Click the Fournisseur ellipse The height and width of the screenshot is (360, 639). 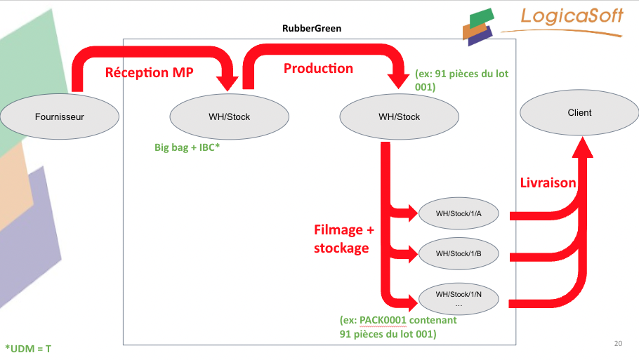(x=60, y=117)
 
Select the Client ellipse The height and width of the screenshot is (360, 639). (x=579, y=113)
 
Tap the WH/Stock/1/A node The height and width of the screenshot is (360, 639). (x=459, y=213)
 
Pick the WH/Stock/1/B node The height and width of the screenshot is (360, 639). (x=459, y=254)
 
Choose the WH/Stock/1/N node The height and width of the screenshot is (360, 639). (x=459, y=298)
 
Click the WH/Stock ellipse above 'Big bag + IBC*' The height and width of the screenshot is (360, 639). (x=230, y=117)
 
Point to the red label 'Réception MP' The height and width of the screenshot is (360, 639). (x=149, y=72)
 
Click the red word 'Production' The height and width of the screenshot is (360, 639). (x=318, y=68)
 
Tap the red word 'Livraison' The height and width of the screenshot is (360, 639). (x=548, y=183)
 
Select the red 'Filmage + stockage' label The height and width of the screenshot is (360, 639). (x=343, y=239)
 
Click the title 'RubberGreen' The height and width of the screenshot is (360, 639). (x=312, y=29)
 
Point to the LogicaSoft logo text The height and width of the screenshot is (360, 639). (x=572, y=16)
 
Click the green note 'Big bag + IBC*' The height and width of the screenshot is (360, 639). (x=187, y=147)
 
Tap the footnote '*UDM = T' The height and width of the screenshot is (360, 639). (x=28, y=349)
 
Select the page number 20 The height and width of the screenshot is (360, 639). (x=618, y=343)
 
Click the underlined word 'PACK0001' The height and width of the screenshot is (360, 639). (x=383, y=320)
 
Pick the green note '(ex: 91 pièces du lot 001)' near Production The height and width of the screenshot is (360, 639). (x=462, y=80)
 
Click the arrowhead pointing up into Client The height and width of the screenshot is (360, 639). (x=583, y=147)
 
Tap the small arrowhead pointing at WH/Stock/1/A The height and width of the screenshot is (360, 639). (x=411, y=213)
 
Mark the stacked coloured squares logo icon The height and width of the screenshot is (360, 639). (x=478, y=27)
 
